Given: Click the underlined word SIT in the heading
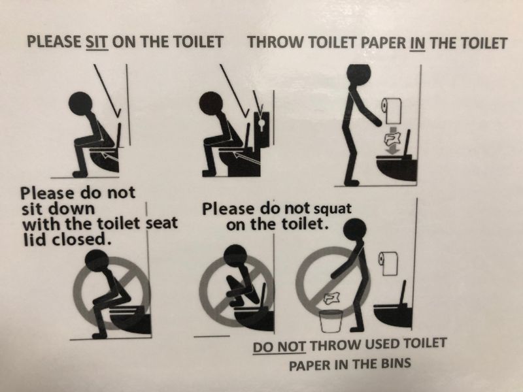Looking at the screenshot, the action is pos(97,42).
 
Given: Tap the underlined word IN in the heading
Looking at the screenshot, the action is pos(417,43).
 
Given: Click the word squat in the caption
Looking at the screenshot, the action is pos(333,209).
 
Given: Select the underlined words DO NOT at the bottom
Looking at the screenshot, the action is pos(279,346).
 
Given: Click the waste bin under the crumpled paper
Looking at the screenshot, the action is pos(331,321).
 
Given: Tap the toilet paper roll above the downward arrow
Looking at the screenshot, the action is pos(392,110).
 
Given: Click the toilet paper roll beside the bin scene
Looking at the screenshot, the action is pos(388,263).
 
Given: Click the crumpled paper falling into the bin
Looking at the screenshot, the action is pos(331,299).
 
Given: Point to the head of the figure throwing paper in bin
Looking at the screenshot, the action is pos(355,230).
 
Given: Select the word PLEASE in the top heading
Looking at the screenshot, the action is pos(54,42).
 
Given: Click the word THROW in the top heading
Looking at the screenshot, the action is pos(275,42).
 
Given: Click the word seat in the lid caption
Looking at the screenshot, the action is pos(162,223).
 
